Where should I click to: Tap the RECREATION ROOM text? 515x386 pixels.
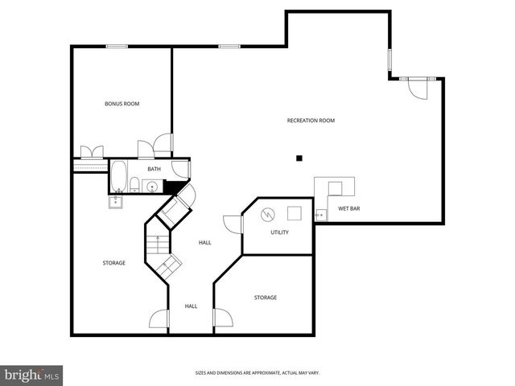click(311, 121)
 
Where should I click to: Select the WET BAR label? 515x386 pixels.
click(348, 208)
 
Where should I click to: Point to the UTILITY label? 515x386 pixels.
click(279, 232)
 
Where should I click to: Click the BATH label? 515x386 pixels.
click(154, 169)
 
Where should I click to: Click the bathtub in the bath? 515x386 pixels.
click(119, 175)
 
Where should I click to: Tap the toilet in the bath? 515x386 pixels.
click(136, 184)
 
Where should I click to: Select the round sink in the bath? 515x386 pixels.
click(152, 187)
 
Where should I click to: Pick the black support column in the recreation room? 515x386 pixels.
click(299, 158)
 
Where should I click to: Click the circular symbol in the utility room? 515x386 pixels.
click(268, 214)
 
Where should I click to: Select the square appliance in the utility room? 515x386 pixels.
click(295, 213)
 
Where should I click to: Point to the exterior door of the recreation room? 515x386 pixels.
click(417, 86)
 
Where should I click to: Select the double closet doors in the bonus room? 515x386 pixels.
click(89, 150)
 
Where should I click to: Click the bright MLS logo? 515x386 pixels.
click(32, 375)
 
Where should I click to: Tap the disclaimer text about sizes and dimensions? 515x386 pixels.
click(257, 372)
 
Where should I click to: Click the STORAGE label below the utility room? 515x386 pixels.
click(266, 298)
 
